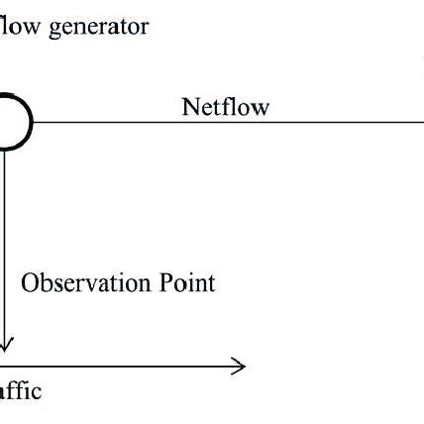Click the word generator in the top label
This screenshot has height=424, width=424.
click(x=94, y=27)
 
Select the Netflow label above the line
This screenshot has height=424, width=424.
click(x=225, y=107)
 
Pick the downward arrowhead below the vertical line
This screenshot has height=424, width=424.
click(x=5, y=345)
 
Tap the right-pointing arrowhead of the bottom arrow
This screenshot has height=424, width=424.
click(x=239, y=368)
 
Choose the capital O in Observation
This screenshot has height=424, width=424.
click(x=31, y=283)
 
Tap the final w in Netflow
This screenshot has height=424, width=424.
click(x=261, y=108)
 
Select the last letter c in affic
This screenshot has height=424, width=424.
click(x=37, y=391)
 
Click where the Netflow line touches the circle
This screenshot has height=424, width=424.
click(x=34, y=123)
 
